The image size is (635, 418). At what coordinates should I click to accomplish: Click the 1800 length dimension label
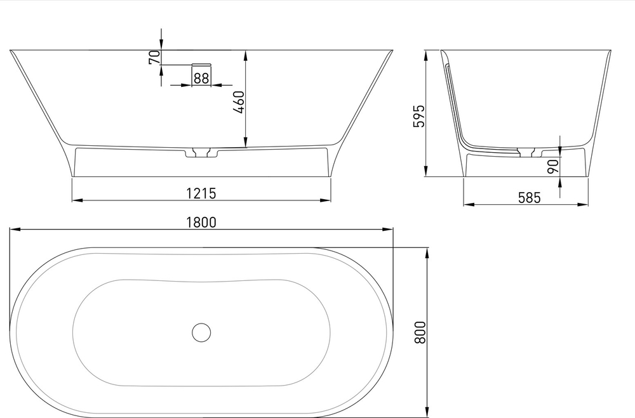tap(201, 222)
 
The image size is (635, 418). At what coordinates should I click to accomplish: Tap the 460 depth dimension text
tap(238, 101)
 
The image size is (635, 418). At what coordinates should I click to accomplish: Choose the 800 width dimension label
tap(419, 332)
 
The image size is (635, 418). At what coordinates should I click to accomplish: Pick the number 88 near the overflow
tap(201, 78)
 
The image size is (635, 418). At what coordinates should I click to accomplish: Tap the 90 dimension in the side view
tap(552, 166)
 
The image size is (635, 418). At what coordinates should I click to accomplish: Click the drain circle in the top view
tap(201, 332)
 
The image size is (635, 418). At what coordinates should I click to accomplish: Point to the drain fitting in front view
tap(201, 153)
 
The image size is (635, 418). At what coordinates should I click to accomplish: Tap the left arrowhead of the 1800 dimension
tap(13, 229)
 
